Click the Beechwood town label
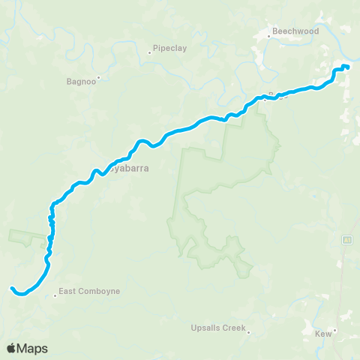coord(296,31)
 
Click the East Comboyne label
coord(89,291)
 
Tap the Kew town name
coord(322,332)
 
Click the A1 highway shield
coord(347,239)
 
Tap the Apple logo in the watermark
coord(12,348)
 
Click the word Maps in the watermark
coord(33,348)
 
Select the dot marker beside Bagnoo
coord(98,77)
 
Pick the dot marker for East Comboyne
coord(55,295)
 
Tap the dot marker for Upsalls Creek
coord(248,334)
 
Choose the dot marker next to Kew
coord(335,330)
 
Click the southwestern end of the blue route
coord(12,287)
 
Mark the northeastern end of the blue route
coord(347,68)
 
